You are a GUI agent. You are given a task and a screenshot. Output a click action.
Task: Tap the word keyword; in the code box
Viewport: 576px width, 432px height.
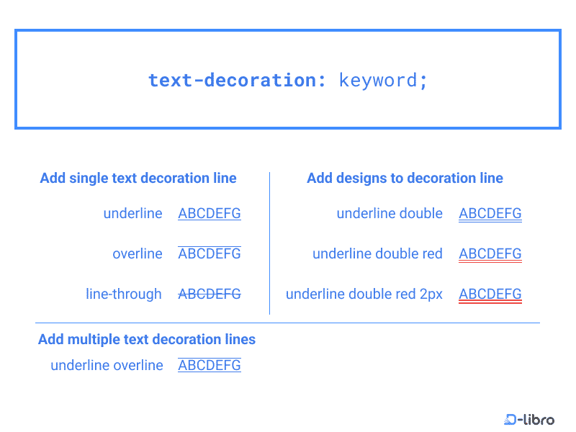(x=383, y=80)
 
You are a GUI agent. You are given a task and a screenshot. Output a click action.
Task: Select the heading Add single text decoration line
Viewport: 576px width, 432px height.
(x=138, y=179)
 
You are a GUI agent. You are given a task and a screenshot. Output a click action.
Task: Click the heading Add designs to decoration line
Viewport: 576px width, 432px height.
(x=405, y=179)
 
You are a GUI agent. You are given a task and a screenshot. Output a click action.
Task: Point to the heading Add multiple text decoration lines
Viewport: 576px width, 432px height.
(x=147, y=340)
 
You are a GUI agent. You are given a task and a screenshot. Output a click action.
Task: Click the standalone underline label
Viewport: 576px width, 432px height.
(x=132, y=214)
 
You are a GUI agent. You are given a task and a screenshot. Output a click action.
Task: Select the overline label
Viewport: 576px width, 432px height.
(x=138, y=254)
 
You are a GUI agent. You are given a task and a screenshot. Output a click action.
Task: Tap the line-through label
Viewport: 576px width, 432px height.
(x=124, y=294)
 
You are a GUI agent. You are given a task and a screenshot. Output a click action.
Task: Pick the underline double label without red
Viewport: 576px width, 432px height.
(x=390, y=214)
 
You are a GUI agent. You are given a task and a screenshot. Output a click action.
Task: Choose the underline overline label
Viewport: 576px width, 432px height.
(x=107, y=366)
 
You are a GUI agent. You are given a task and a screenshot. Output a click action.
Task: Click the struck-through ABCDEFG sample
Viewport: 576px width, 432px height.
(x=210, y=294)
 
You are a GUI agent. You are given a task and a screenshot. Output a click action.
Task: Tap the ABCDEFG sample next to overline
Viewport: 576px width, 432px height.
(x=210, y=254)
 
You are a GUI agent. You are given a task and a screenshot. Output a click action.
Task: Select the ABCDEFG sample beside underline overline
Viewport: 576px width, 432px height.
(x=210, y=366)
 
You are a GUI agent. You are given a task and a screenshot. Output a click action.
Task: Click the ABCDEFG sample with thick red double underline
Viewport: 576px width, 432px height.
(x=490, y=294)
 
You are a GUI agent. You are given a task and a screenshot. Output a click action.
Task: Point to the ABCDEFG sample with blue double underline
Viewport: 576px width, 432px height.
(x=490, y=214)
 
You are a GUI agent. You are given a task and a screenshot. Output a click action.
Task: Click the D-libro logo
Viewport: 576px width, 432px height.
(x=529, y=419)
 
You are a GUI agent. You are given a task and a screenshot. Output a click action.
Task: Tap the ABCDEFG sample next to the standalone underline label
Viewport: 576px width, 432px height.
(x=210, y=214)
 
